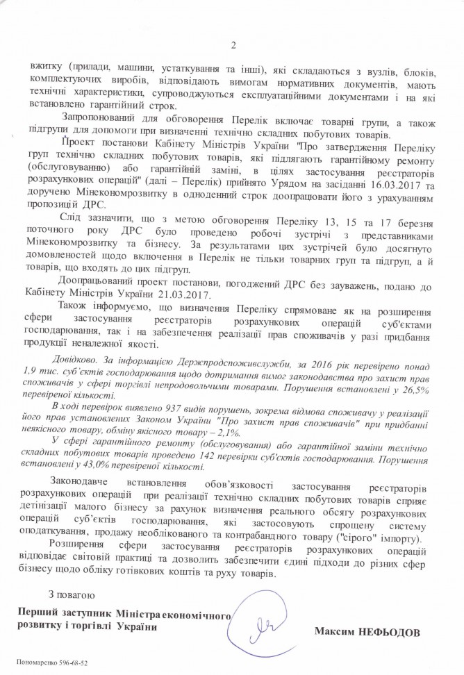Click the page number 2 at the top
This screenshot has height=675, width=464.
(233, 47)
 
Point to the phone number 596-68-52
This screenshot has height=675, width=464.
(73, 662)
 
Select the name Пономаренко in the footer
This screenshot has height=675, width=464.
(35, 662)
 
